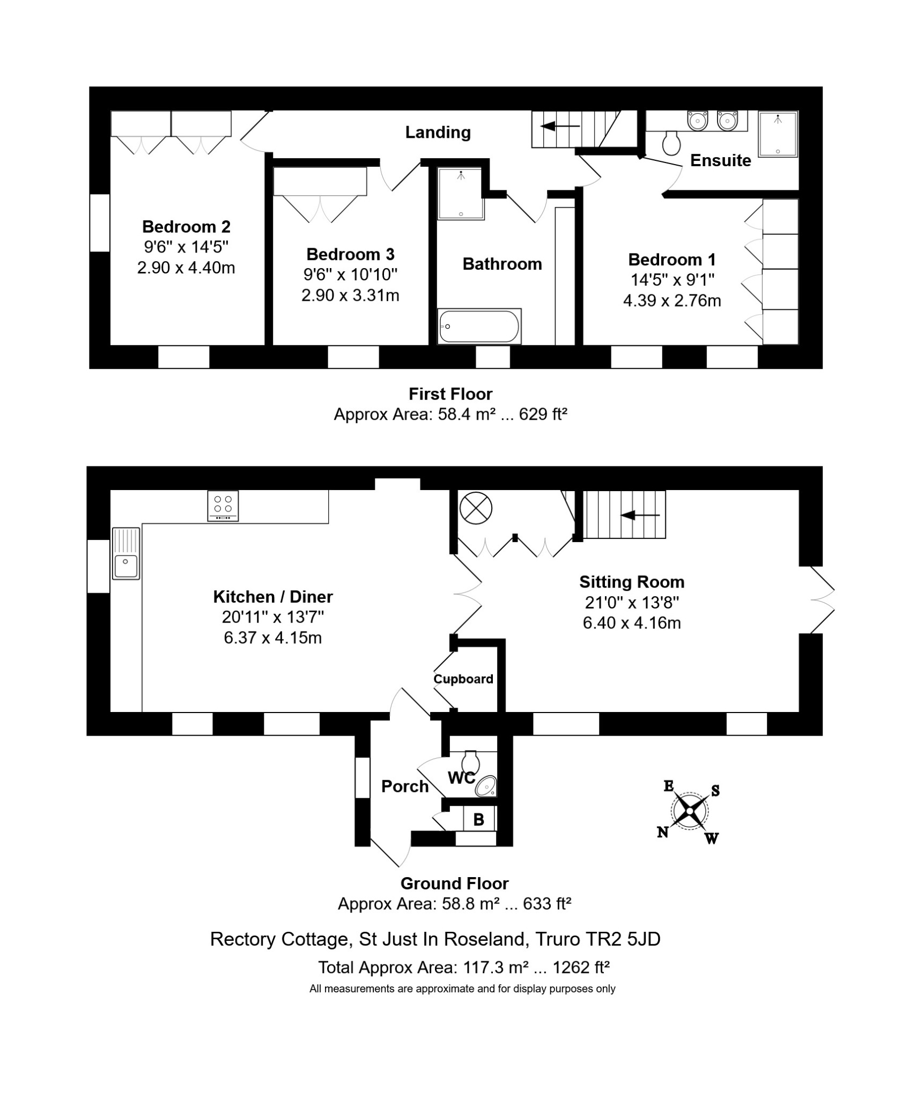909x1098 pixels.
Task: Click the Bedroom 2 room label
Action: pos(186,227)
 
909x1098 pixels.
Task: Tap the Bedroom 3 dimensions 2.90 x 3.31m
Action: pos(350,295)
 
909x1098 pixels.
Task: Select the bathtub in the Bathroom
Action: pos(479,326)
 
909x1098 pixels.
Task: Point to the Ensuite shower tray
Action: pos(778,133)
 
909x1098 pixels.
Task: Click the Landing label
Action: pos(438,132)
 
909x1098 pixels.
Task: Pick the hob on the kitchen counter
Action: pos(223,506)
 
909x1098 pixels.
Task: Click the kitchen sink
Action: pos(126,553)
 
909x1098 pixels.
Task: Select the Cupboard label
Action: pos(463,679)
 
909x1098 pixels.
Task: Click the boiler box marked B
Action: pos(479,819)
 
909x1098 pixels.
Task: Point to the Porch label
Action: pos(405,787)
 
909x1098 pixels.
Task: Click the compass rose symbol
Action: pos(690,811)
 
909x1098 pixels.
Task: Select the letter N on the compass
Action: pos(663,832)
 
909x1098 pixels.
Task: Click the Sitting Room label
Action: pos(632,582)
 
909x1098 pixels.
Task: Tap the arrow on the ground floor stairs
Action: pos(640,515)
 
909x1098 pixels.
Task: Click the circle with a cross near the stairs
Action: pos(476,508)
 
